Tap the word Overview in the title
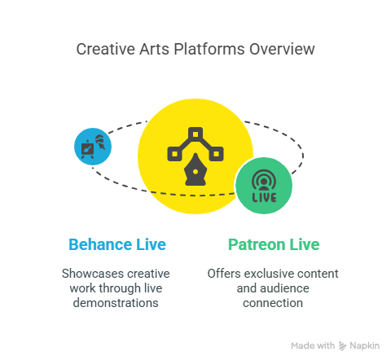[x=282, y=49]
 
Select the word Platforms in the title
[x=209, y=49]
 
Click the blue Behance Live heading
[x=117, y=244]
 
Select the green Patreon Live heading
[x=274, y=244]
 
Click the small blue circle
[x=93, y=147]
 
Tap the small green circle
[x=264, y=186]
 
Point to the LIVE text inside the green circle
[x=264, y=197]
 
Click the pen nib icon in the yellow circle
[x=195, y=169]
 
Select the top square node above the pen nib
[x=195, y=134]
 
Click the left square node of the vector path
[x=174, y=154]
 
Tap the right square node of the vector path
[x=217, y=154]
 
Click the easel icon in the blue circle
[x=87, y=149]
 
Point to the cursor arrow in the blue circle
[x=102, y=146]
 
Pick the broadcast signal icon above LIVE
[x=264, y=180]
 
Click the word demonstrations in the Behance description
[x=116, y=303]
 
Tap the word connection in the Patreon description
[x=273, y=303]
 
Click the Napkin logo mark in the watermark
[x=343, y=346]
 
